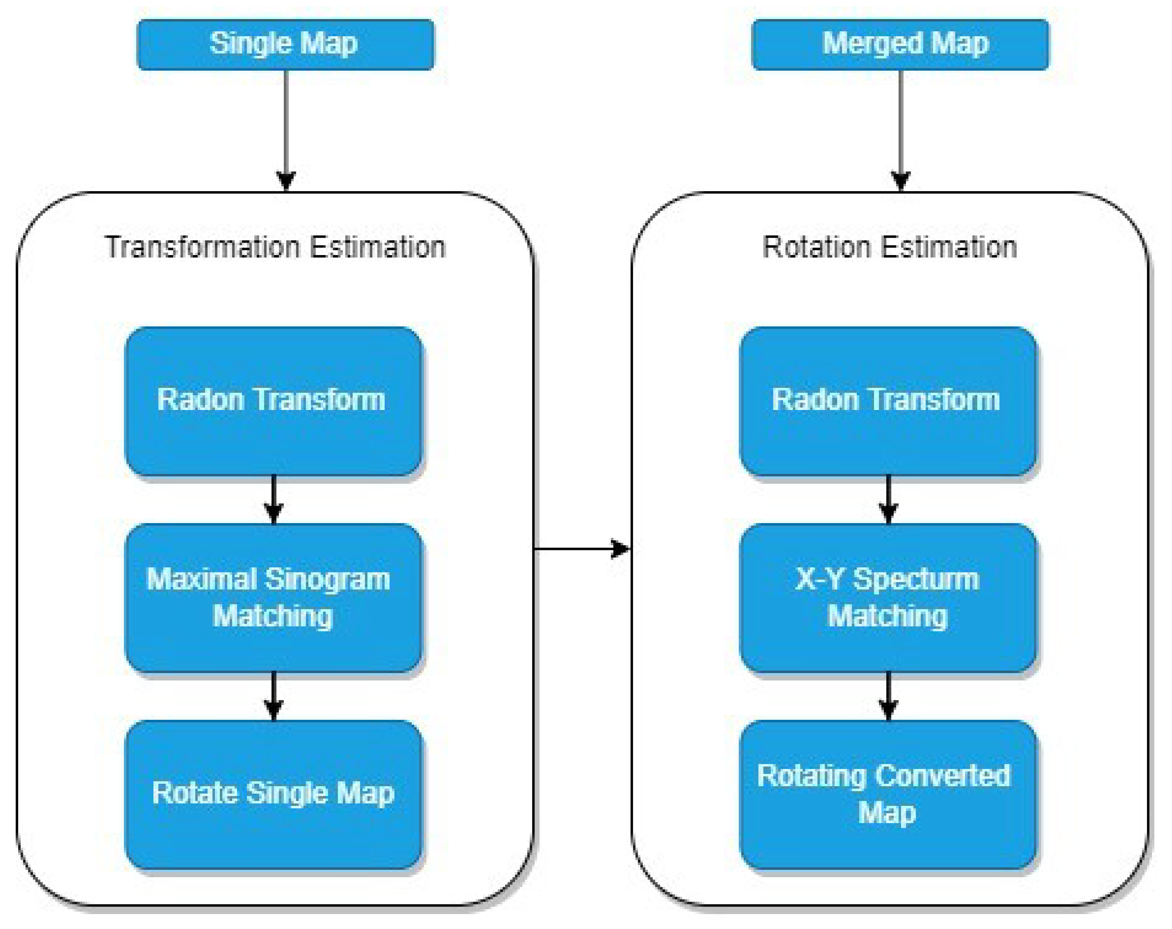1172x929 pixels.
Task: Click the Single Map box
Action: (285, 45)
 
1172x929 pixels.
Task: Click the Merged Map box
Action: (900, 45)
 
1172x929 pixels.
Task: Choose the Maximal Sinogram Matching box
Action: (273, 597)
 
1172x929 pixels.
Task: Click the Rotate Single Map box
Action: (273, 794)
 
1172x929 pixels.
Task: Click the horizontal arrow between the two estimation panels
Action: (582, 549)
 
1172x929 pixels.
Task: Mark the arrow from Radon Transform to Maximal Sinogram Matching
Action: (273, 499)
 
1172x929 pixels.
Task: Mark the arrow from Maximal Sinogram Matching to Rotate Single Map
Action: (273, 695)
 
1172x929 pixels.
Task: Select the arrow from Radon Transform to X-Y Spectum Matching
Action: (888, 499)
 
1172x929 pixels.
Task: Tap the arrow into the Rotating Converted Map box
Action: (888, 695)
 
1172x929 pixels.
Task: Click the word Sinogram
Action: (328, 579)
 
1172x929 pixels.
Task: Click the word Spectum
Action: (916, 579)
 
